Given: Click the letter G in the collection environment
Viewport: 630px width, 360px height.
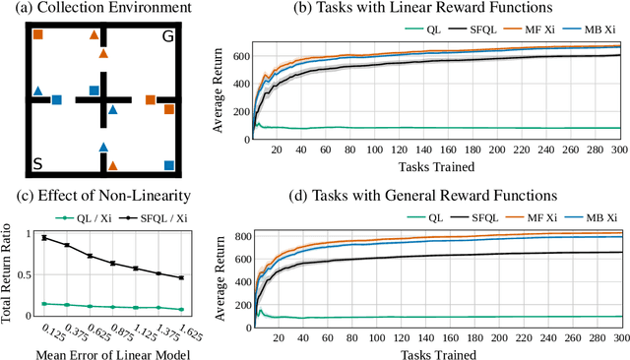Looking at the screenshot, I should [x=169, y=38].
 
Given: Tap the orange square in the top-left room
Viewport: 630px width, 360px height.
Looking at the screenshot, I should [x=38, y=35].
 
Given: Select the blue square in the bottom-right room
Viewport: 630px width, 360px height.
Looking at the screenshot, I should [x=169, y=164].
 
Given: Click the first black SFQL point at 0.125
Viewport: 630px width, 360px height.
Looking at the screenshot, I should [x=43, y=237].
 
